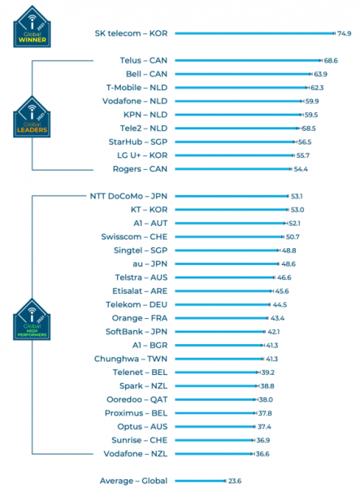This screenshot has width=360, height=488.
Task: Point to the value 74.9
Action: (345, 33)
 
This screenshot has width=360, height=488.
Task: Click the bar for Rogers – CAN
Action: (232, 168)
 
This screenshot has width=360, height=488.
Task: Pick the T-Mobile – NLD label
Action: (137, 87)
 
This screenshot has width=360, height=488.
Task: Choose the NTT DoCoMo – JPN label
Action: (128, 196)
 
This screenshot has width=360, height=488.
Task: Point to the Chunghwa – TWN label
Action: (132, 359)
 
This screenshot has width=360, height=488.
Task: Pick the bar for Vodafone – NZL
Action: (214, 453)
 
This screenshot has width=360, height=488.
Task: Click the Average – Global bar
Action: (199, 481)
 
